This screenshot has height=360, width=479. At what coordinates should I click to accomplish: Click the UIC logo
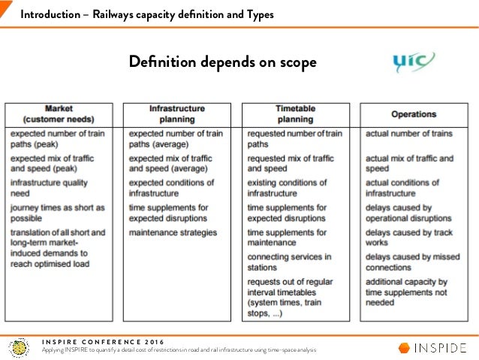point(412,62)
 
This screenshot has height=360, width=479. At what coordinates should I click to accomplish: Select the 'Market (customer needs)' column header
point(59,113)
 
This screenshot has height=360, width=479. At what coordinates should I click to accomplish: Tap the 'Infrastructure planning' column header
point(176,113)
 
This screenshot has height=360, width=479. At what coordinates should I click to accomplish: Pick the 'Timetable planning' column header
point(295,113)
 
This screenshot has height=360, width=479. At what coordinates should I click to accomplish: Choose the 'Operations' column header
point(413,114)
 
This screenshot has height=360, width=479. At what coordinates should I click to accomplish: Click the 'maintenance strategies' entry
point(173,232)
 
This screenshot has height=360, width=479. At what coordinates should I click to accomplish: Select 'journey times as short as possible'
point(58,212)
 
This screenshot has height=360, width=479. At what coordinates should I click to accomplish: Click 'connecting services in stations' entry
point(289,262)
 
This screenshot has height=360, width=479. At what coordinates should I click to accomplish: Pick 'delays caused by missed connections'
point(412,262)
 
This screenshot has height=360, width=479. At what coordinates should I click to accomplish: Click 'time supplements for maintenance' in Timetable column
point(294,237)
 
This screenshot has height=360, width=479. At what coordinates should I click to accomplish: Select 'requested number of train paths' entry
point(294,138)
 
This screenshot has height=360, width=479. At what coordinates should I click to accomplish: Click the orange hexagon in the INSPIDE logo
point(404,347)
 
